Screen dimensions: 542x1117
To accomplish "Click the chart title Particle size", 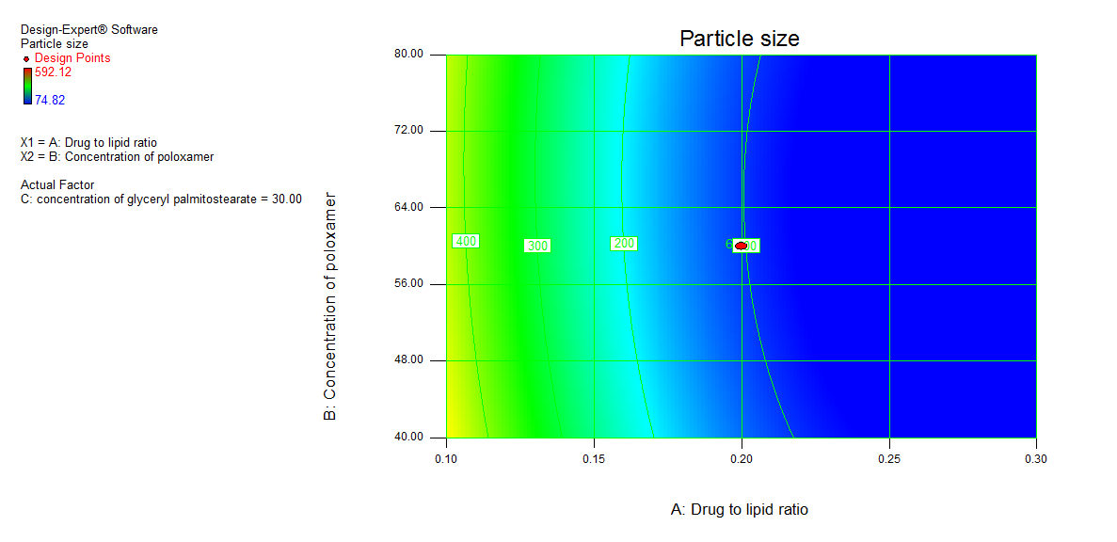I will click(x=739, y=39).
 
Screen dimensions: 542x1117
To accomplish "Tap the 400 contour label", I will click(x=466, y=242).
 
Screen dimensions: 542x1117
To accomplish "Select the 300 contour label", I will click(x=537, y=246).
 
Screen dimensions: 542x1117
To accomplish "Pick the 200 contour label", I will click(x=624, y=244).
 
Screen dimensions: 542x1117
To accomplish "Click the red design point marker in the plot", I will click(x=742, y=246).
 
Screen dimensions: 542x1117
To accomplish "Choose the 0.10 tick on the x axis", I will click(x=446, y=459).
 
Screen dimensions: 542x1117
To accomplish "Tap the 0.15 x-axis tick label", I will click(x=594, y=459).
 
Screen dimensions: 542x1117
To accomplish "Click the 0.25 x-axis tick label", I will click(x=889, y=459).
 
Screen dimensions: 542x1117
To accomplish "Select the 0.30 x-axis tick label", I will click(x=1036, y=459).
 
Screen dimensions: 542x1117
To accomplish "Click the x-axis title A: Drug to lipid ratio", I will click(x=739, y=510).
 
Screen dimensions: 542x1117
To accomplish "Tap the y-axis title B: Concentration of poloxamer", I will click(x=330, y=306).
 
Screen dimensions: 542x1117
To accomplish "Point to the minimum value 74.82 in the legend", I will click(x=50, y=100).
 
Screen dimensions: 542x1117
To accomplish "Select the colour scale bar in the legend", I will click(x=27, y=86).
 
